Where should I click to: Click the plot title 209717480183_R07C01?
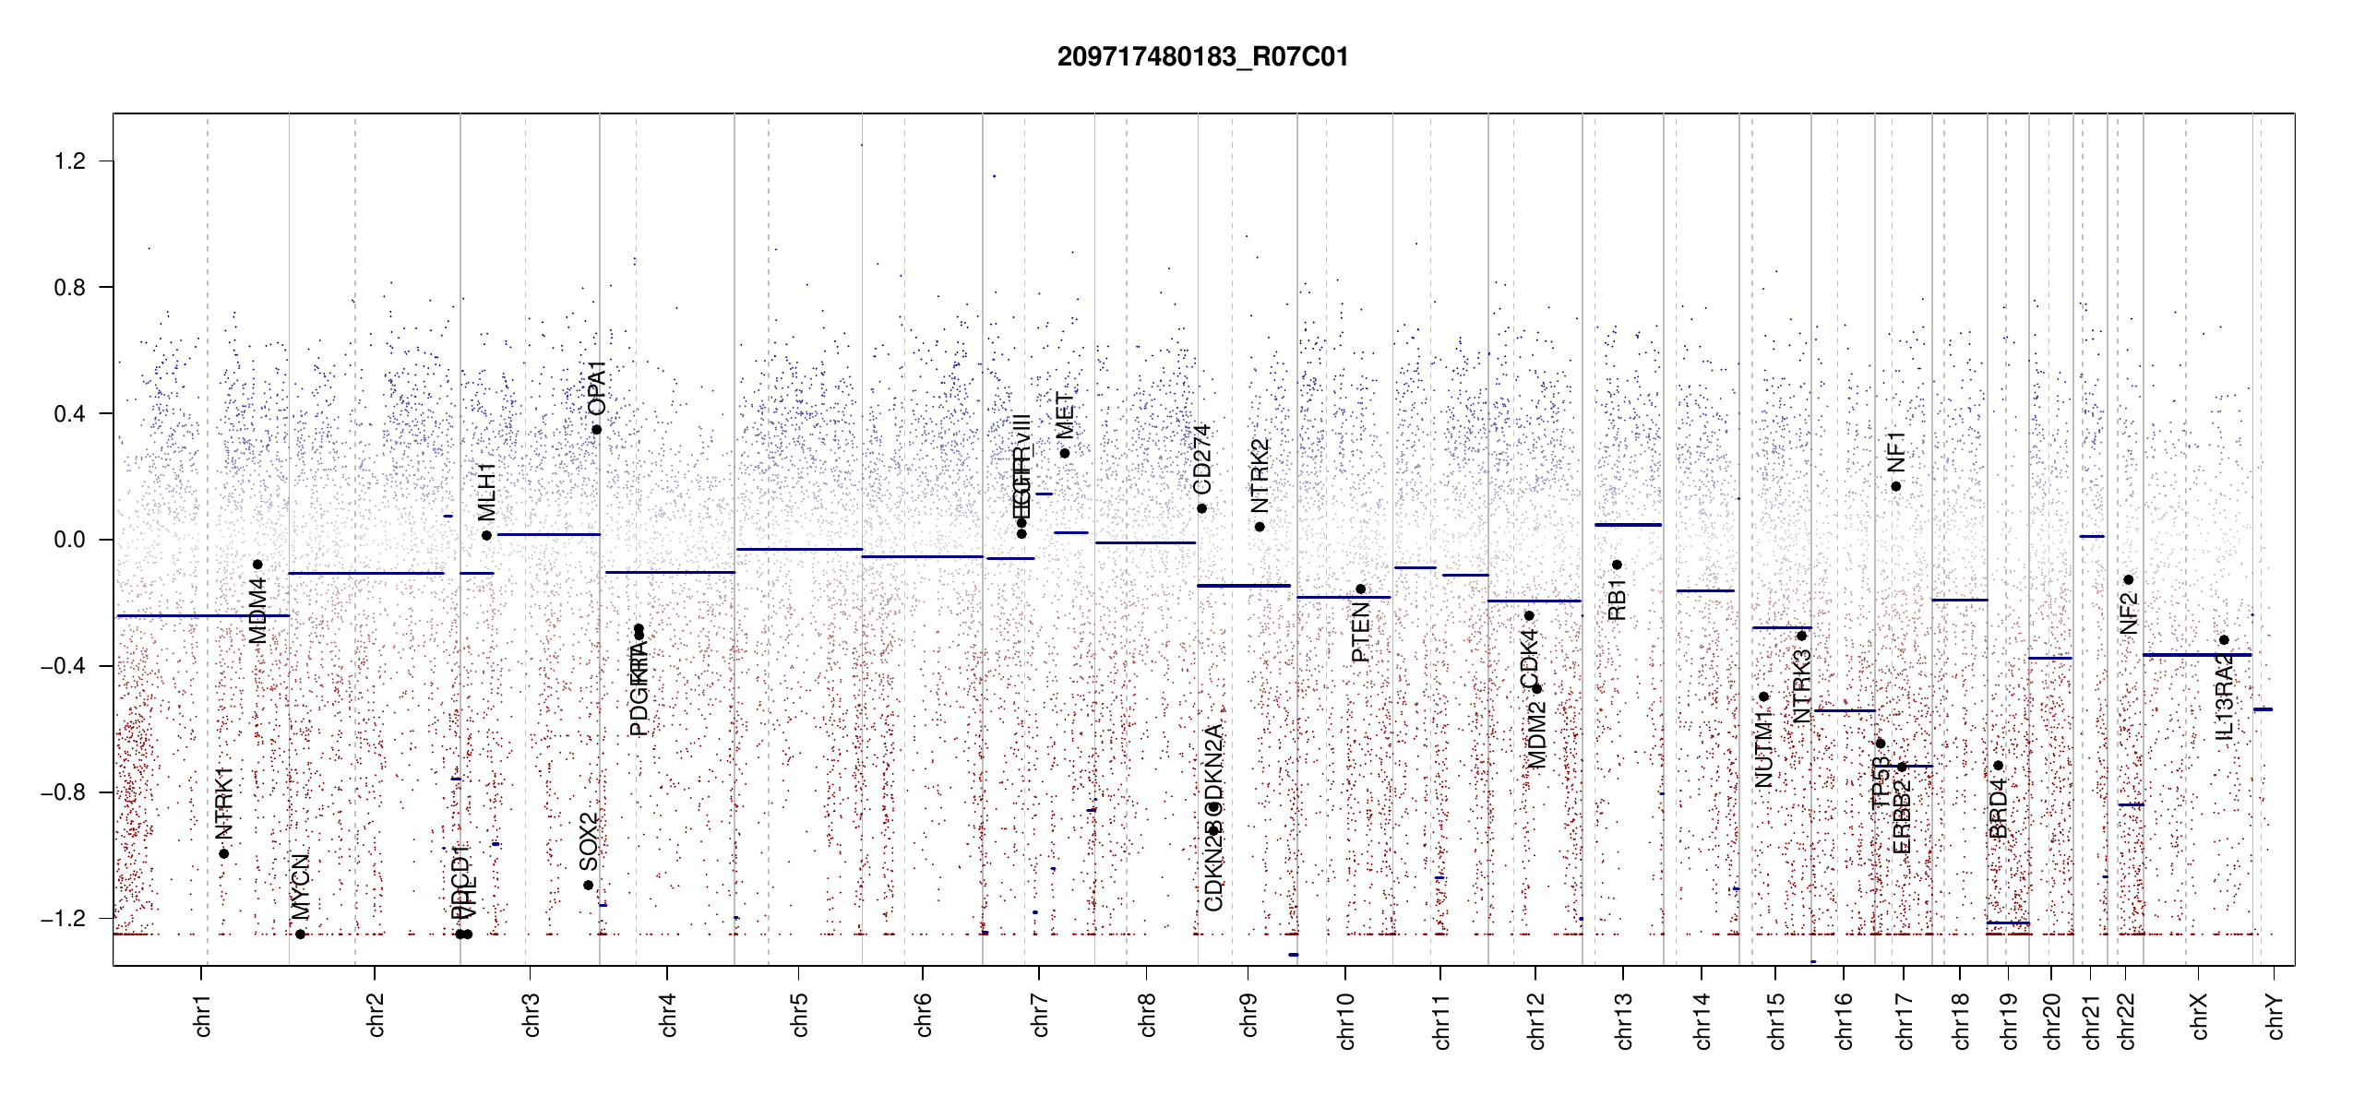tap(1202, 57)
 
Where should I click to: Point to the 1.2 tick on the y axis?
tap(69, 161)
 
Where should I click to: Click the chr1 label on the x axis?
tap(202, 1015)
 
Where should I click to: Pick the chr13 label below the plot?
tap(1623, 1020)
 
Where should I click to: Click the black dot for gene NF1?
tap(1896, 486)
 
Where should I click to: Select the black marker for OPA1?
tap(597, 430)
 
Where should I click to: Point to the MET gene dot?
tap(1065, 453)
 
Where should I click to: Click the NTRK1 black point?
tap(223, 853)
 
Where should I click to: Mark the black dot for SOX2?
tap(589, 886)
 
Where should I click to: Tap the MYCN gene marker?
tap(300, 934)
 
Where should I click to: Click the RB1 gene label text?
tap(1617, 600)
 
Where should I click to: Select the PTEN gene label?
tap(1360, 634)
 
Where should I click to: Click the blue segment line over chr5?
tap(799, 550)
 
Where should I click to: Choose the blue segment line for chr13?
tap(1628, 525)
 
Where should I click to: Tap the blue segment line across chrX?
tap(2197, 655)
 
